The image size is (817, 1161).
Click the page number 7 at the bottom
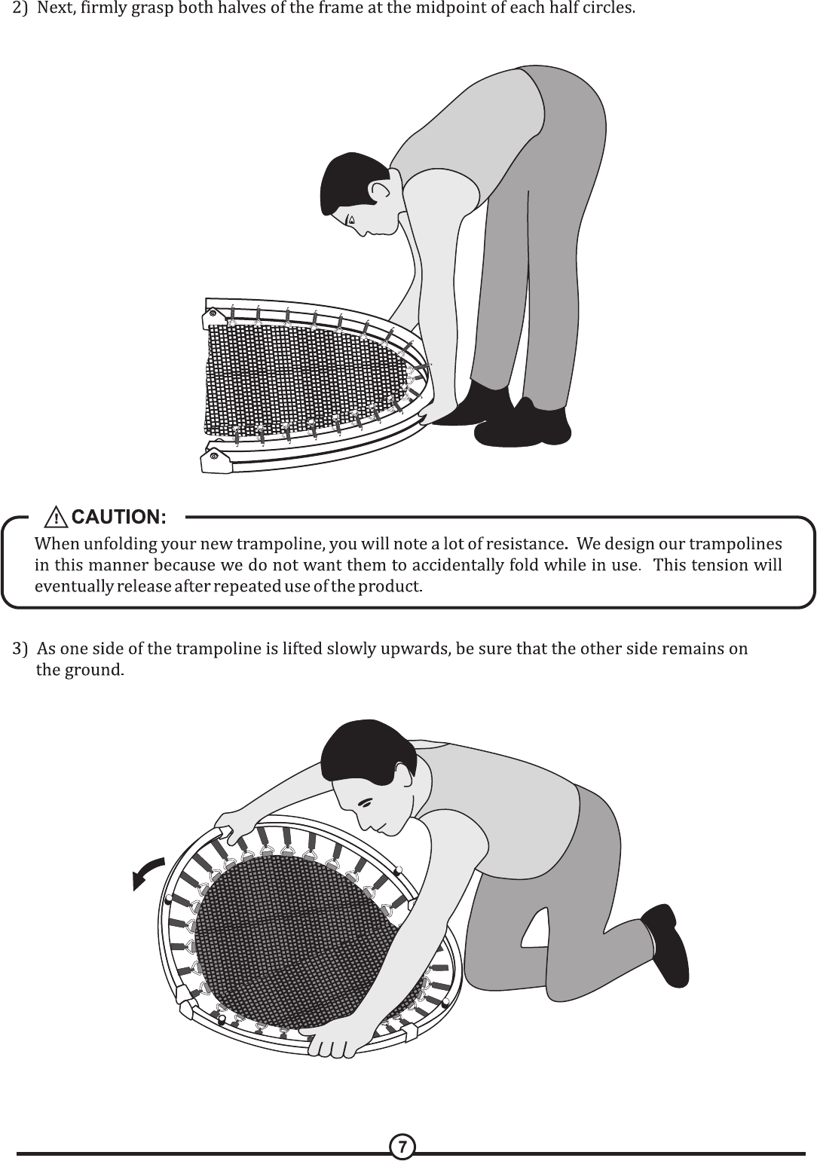pos(402,1147)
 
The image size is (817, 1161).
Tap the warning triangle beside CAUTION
pos(56,518)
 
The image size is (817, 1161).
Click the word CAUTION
pos(119,517)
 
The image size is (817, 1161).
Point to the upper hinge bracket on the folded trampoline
pos(213,316)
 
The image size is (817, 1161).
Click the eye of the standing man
pos(351,220)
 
